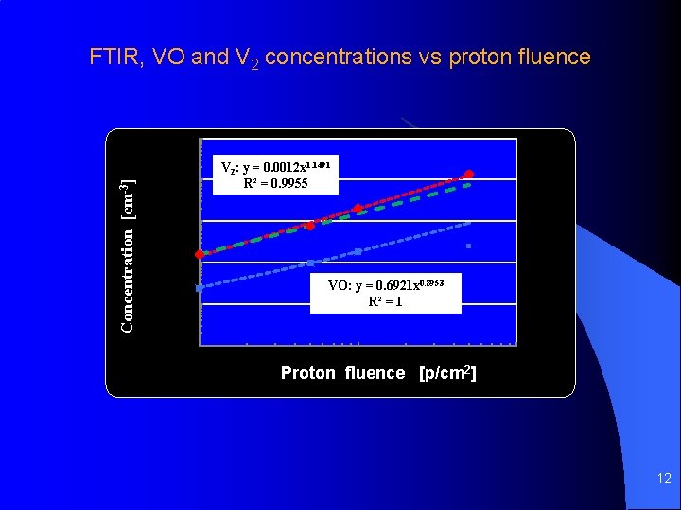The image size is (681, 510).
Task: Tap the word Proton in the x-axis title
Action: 307,373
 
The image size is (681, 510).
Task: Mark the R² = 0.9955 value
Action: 275,183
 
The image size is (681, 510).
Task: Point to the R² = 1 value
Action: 385,302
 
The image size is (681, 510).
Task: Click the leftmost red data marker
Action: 199,255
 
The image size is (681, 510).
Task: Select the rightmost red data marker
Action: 468,174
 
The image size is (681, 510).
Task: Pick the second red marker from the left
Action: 309,226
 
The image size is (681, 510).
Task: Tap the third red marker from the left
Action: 358,208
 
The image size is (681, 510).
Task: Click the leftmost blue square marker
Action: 199,287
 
